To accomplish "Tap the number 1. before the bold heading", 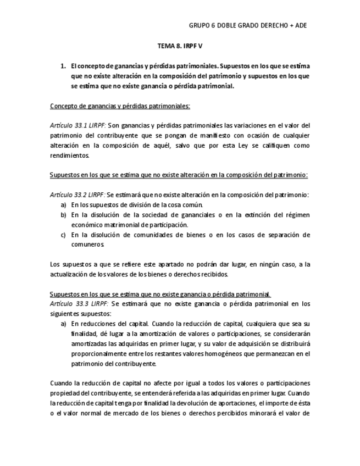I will (63, 65).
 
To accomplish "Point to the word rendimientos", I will (69, 155).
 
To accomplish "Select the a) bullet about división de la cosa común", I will (64, 204).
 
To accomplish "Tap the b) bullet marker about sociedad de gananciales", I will (64, 214).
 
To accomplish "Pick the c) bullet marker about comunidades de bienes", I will (64, 235).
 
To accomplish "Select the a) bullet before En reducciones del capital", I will (64, 324).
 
